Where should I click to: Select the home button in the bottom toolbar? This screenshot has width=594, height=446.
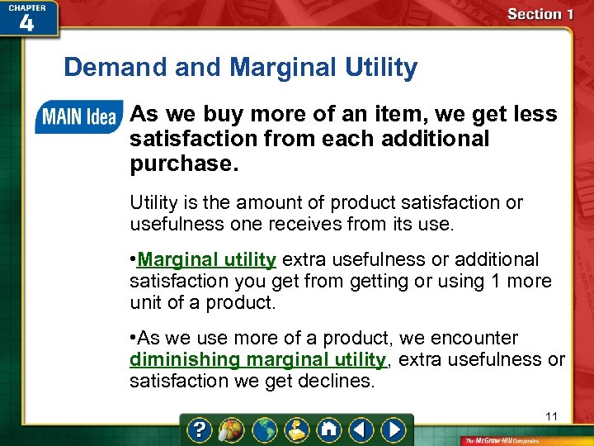[x=328, y=430]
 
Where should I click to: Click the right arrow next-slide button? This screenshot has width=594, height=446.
[x=395, y=430]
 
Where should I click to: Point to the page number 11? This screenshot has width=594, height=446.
[x=551, y=416]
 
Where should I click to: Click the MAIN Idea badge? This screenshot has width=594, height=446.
[x=78, y=117]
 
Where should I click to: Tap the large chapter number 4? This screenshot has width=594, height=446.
[x=26, y=23]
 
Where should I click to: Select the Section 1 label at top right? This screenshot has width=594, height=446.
[x=540, y=14]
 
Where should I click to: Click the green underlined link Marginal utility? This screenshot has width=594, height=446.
[x=206, y=260]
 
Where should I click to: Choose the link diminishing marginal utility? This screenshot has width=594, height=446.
[x=257, y=360]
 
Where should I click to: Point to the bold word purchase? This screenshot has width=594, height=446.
[x=181, y=164]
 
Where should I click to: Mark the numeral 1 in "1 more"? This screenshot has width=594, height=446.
[x=496, y=281]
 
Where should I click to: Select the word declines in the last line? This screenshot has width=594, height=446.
[x=337, y=382]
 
